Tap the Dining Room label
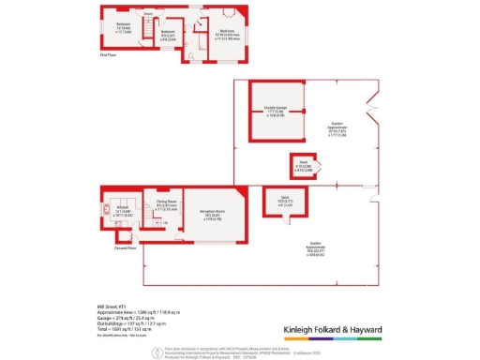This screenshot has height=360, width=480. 167,203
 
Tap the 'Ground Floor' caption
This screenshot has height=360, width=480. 126,248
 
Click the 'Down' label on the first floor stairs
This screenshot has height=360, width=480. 148,14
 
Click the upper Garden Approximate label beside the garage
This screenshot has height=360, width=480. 337,127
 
